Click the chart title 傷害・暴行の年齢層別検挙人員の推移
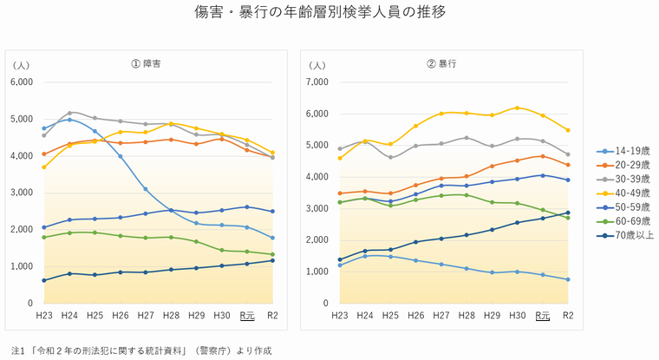click(x=329, y=13)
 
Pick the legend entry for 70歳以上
click(x=626, y=234)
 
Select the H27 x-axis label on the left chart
click(x=145, y=316)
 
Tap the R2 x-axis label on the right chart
click(x=568, y=316)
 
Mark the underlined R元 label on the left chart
click(x=247, y=316)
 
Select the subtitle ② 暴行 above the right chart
click(x=441, y=64)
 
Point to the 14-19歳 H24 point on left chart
click(x=69, y=120)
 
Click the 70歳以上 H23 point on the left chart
click(x=44, y=280)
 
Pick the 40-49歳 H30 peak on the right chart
click(x=518, y=108)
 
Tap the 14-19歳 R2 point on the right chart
click(x=568, y=279)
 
